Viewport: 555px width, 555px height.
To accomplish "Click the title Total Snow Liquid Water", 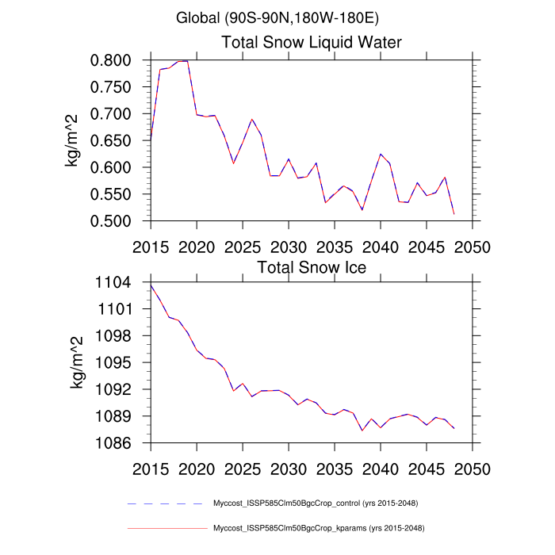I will [312, 42].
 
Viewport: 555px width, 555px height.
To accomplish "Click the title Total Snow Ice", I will [312, 267].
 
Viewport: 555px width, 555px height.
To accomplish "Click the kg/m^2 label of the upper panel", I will [78, 140].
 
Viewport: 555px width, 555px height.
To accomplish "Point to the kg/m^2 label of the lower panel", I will [78, 362].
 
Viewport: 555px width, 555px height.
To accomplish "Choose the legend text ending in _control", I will [316, 503].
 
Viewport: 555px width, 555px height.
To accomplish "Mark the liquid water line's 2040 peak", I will [381, 154].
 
